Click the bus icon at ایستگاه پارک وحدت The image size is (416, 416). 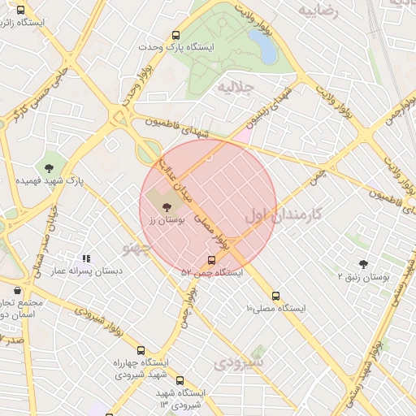pos(176,36)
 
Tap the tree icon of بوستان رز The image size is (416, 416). pos(167,208)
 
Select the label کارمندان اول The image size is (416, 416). pos(282,214)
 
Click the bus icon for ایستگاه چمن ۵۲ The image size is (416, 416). pos(212,260)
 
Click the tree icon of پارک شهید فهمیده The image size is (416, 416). pos(50,167)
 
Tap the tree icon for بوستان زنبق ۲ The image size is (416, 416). pos(362,264)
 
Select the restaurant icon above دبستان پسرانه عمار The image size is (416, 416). pos(86,258)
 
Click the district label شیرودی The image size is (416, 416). pos(240,363)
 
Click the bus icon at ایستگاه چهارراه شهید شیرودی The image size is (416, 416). pos(141,350)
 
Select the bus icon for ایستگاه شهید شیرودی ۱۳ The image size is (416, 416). pos(180,379)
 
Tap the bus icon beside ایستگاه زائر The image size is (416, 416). pos(20,10)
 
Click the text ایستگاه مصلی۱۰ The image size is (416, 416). pos(278,309)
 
